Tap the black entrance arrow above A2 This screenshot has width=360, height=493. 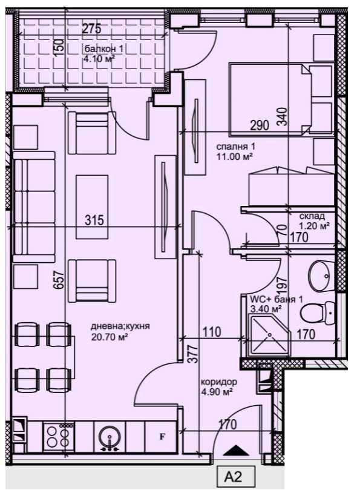pos(236,450)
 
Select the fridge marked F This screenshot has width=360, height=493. pos(162,435)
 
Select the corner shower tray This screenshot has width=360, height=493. pos(266,337)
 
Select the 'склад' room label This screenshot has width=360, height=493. pos(312,216)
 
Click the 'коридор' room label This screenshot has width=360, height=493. pos(218,382)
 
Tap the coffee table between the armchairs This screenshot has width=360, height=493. pos(92,207)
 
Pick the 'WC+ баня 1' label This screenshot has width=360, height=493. pos(277,299)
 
